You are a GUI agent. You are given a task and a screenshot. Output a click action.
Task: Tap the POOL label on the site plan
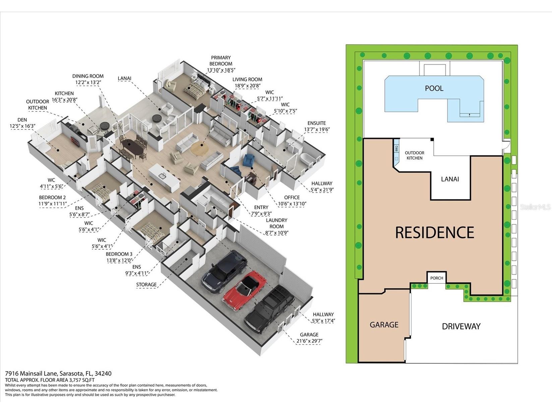coord(434,88)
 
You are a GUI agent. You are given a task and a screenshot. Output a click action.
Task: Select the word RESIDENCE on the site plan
coord(435,232)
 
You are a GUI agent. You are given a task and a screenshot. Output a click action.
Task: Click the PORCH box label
coord(436,278)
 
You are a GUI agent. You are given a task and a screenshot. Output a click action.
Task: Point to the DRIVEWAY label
coord(461,326)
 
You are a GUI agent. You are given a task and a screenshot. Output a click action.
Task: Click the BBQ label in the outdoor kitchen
coord(396,149)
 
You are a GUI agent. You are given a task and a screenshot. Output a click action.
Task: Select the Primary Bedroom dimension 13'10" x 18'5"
coord(221,70)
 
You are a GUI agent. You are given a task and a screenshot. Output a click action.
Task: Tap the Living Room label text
coord(247,79)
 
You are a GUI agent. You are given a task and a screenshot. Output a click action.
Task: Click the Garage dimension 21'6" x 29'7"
coord(309,341)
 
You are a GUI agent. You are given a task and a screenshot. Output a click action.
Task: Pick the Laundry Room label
coord(277,223)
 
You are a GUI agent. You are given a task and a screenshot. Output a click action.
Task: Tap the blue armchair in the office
coord(249,161)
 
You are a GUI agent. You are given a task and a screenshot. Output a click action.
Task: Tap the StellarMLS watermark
coord(535,207)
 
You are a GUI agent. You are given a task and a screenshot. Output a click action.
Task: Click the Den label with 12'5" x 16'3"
coord(22,123)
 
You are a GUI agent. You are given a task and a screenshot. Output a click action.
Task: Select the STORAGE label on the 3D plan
coord(146,285)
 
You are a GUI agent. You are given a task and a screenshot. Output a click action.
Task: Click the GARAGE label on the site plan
coord(384,324)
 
